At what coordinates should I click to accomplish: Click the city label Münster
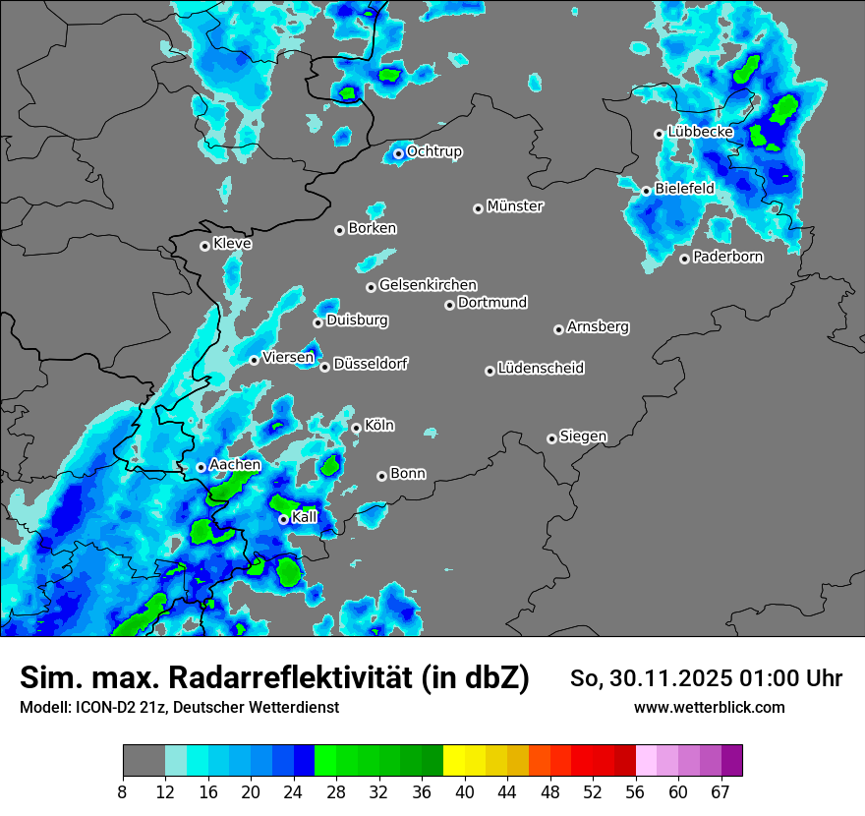coord(515,206)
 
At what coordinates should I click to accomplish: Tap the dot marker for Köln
coord(356,428)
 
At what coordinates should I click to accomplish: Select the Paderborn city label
coord(728,257)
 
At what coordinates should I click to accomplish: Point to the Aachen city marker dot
coord(201,467)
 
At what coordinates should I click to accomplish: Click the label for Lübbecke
coord(701,132)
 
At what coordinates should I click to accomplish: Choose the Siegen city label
coord(583,437)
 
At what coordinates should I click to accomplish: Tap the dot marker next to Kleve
coord(204,246)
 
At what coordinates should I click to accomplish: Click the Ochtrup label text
coord(434,151)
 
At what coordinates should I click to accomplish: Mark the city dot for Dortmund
coord(449,305)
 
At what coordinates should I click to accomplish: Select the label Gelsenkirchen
coord(428,285)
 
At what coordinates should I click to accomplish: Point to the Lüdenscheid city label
coord(541,369)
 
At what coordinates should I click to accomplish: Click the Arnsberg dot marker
coord(558,329)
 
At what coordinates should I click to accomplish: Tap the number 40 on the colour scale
coord(465,791)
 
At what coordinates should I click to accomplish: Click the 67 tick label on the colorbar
coord(721,791)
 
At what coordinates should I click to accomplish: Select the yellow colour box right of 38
coord(454,761)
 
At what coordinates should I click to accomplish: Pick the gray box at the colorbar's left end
coord(144,761)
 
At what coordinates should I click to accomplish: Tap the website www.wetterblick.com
coord(709,707)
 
